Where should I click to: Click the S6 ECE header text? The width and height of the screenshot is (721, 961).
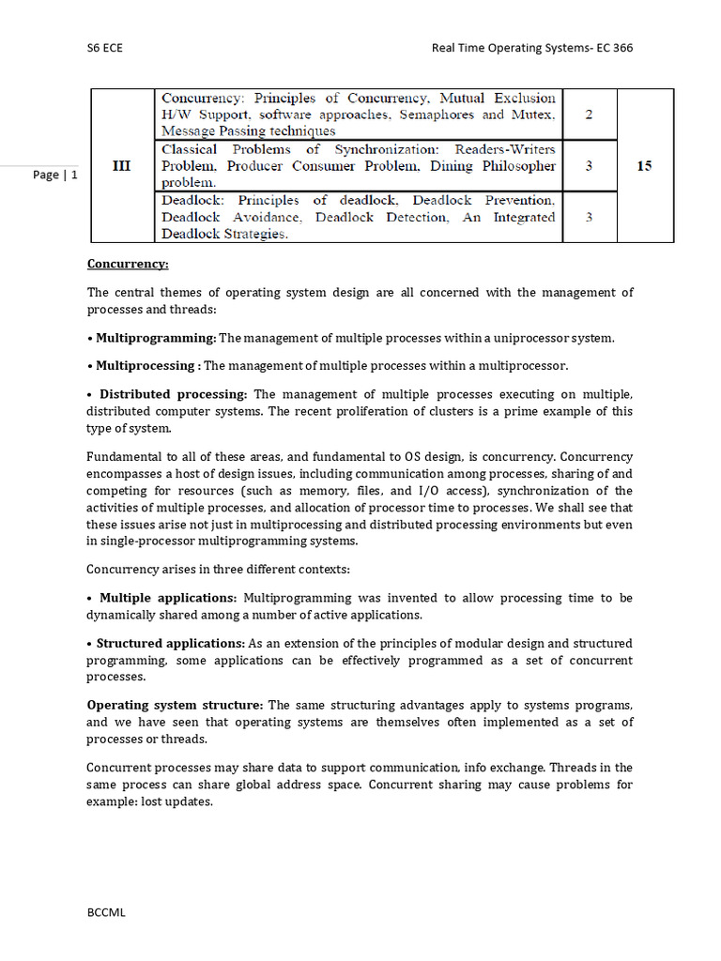104,48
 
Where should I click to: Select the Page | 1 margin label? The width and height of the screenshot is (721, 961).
55,175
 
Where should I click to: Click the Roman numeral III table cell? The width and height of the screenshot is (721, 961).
121,166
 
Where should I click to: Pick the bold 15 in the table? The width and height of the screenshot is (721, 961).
644,166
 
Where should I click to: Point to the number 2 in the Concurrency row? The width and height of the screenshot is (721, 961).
589,114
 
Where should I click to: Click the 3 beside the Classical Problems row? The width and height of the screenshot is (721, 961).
589,166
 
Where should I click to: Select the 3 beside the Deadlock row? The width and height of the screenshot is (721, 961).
589,217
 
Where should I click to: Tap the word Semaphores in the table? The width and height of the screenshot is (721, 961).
437,114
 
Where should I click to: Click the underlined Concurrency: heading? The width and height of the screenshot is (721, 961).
128,265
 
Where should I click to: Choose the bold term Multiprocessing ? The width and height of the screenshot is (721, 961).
148,366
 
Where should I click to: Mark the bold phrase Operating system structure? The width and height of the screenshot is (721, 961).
176,705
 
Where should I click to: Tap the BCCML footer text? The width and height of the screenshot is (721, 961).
106,911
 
